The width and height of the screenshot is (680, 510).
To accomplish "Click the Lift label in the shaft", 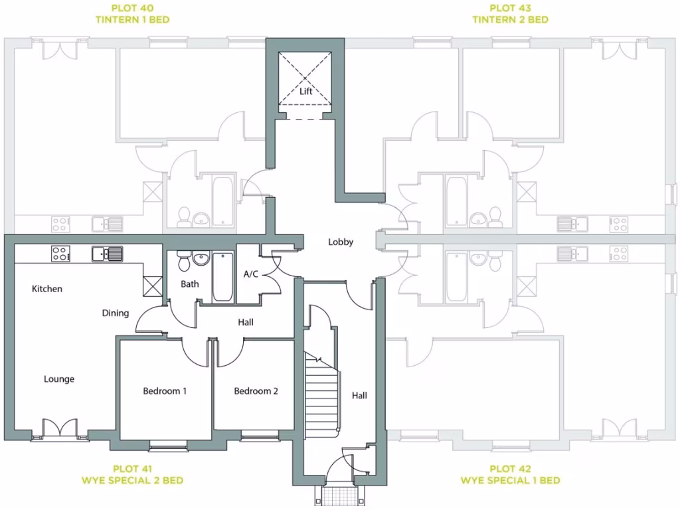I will (x=305, y=92).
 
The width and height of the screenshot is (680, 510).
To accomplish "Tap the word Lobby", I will (x=341, y=242).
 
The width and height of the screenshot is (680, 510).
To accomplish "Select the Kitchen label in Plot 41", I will (x=47, y=289).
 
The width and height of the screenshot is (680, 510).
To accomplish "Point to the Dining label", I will (x=116, y=313).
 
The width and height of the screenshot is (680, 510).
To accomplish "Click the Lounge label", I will (x=59, y=379).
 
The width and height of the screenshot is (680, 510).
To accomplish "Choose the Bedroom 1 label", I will (x=165, y=391).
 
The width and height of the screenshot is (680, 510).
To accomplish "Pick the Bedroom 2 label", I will (x=256, y=391).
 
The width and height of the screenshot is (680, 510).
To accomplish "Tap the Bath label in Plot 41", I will (x=190, y=284).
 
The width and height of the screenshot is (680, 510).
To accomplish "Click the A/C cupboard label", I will (x=251, y=274).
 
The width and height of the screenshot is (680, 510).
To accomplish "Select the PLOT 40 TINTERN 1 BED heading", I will (x=131, y=14).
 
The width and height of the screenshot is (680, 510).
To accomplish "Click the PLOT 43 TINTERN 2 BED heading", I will (x=510, y=14).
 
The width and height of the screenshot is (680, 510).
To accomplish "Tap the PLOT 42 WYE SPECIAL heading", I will (x=510, y=474).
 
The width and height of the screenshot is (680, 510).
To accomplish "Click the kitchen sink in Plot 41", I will (x=108, y=253).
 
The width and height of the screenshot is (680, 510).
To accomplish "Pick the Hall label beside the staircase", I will (x=359, y=395).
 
